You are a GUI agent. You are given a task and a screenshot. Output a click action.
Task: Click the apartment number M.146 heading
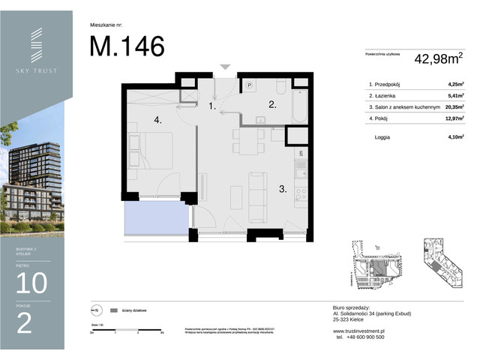click(x=127, y=46)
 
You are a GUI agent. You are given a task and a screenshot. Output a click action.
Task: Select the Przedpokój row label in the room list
click(x=389, y=85)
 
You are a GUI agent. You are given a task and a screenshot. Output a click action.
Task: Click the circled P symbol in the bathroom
click(x=250, y=86)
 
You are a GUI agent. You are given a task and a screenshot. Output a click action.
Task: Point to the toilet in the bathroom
click(x=278, y=84)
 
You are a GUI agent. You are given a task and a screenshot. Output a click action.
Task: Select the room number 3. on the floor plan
click(x=283, y=190)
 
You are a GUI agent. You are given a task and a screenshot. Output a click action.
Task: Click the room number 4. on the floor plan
click(x=158, y=119)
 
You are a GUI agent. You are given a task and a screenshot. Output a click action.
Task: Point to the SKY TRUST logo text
click(x=36, y=70)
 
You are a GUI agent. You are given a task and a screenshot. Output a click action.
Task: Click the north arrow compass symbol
click(x=95, y=310)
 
